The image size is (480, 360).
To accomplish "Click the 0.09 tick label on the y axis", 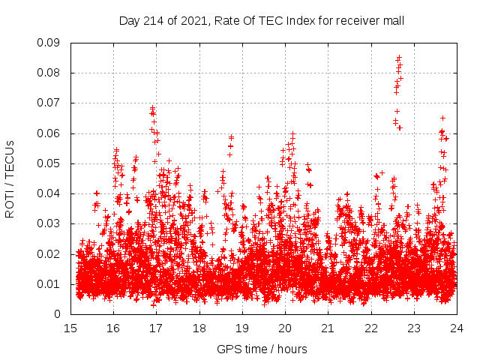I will pyautogui.click(x=49, y=43).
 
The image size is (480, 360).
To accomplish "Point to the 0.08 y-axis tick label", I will pyautogui.click(x=49, y=73).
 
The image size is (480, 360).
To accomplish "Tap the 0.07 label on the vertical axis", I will pyautogui.click(x=49, y=103).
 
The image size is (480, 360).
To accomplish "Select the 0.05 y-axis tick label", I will pyautogui.click(x=49, y=163).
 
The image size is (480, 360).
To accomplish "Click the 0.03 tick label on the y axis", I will pyautogui.click(x=49, y=223).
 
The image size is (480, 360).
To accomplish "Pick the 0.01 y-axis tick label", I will pyautogui.click(x=49, y=284).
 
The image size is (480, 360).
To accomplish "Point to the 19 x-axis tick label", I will pyautogui.click(x=242, y=328).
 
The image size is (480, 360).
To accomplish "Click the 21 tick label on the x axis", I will pyautogui.click(x=328, y=328).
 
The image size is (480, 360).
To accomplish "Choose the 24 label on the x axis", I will pyautogui.click(x=456, y=328).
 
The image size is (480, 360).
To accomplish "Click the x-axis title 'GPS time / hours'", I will pyautogui.click(x=262, y=349).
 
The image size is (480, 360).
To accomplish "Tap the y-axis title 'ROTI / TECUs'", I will pyautogui.click(x=10, y=178).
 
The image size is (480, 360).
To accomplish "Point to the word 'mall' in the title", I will pyautogui.click(x=393, y=20).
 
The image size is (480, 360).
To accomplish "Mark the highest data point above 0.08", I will pyautogui.click(x=399, y=57).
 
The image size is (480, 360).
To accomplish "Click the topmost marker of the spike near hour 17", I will pyautogui.click(x=152, y=107).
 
